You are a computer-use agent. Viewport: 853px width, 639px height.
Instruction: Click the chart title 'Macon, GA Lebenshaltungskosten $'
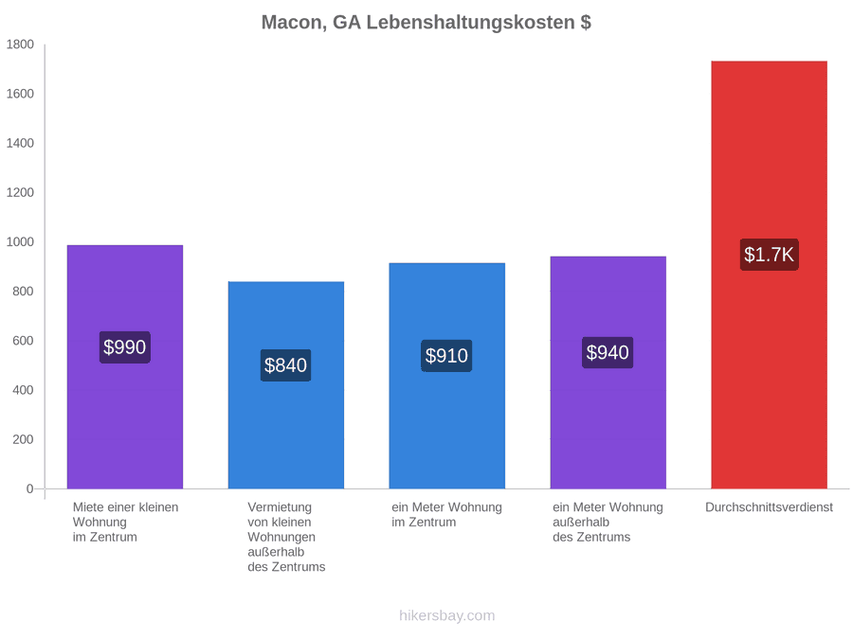(x=426, y=23)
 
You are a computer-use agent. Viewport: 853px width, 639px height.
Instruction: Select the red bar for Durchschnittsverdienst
(x=770, y=275)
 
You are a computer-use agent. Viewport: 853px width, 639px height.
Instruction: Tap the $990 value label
(x=124, y=347)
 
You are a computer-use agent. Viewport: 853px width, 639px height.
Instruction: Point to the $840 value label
(x=285, y=365)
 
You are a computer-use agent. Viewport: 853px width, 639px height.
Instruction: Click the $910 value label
(x=446, y=356)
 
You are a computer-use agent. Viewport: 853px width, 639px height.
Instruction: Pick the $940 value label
(x=608, y=353)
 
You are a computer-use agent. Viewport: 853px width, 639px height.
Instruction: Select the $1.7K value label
(x=770, y=255)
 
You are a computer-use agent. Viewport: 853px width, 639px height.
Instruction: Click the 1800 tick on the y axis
(x=20, y=44)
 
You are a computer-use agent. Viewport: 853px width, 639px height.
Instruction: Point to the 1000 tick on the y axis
(x=20, y=241)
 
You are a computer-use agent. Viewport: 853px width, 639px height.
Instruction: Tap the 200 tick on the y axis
(x=24, y=439)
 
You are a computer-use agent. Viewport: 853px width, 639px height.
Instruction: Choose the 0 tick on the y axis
(x=30, y=489)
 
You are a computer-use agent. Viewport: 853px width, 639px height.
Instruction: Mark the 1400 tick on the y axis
(x=20, y=144)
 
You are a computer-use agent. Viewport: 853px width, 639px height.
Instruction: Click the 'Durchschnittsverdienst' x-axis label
(x=770, y=507)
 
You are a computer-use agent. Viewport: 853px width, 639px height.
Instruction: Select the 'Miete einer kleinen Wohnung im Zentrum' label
(x=126, y=523)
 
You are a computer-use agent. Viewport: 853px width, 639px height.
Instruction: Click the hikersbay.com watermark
(x=447, y=615)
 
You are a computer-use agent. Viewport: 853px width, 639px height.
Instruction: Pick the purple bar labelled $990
(x=125, y=367)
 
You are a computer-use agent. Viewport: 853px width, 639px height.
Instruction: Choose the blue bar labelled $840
(x=286, y=385)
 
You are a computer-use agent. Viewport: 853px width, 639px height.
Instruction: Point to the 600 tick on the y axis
(x=24, y=341)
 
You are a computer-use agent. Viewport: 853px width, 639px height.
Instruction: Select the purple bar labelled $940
(x=608, y=373)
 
